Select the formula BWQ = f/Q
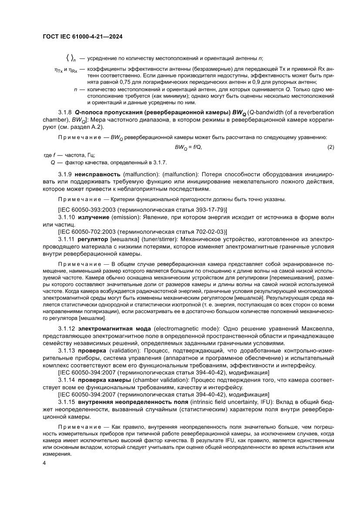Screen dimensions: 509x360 [188, 148]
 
